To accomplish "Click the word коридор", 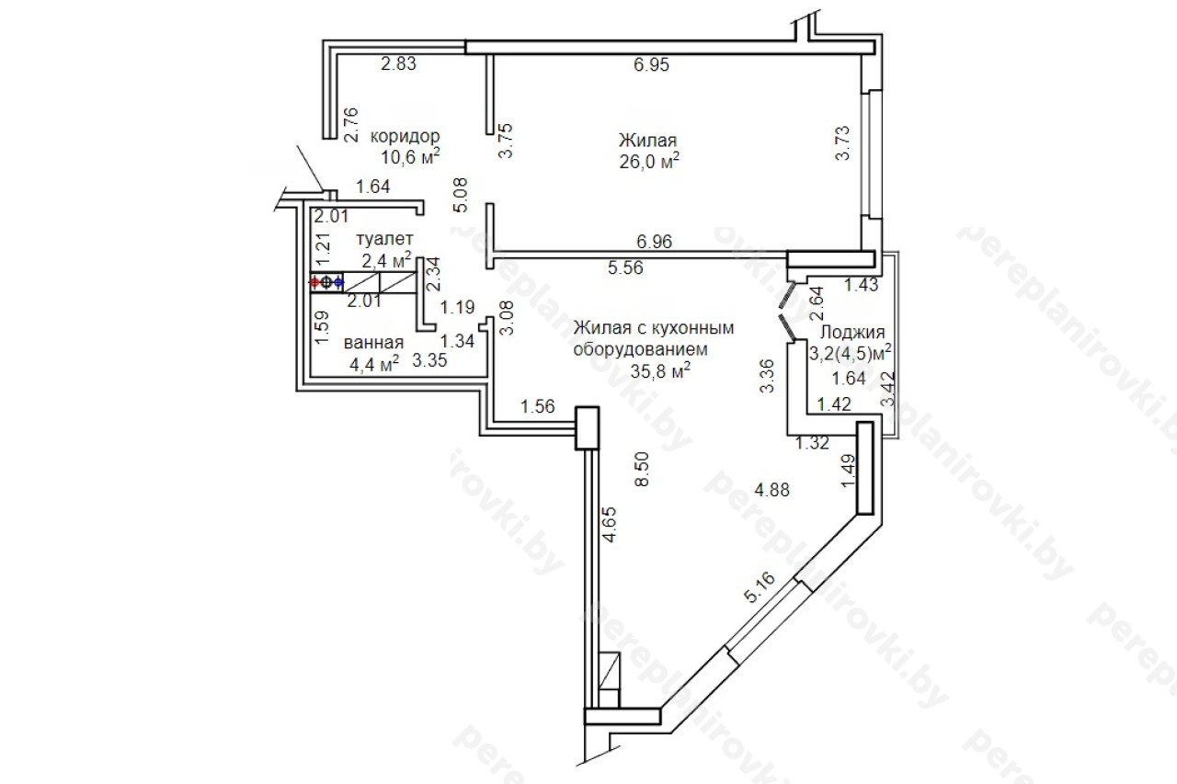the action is tap(406, 137).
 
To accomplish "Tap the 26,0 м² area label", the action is tap(649, 161).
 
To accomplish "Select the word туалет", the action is tap(384, 239).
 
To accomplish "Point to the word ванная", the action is tap(373, 343).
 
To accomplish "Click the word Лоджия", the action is tap(852, 333).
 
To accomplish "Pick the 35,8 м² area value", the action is tap(660, 370).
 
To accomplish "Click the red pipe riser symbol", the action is tap(314, 282).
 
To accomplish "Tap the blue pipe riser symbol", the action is tap(337, 282).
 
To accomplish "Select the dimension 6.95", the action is tap(652, 64).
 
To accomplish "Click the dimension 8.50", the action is tap(642, 470).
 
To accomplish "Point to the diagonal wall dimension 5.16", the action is tap(760, 587).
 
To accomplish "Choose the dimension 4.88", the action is tap(771, 490).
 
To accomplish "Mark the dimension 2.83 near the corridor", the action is tap(398, 63).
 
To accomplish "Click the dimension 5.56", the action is tap(625, 267).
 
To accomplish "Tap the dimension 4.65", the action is tap(609, 524).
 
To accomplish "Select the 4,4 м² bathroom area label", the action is tap(374, 363).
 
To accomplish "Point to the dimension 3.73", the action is tap(841, 142).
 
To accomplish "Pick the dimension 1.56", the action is tap(538, 406).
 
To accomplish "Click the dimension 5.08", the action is tap(460, 195).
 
